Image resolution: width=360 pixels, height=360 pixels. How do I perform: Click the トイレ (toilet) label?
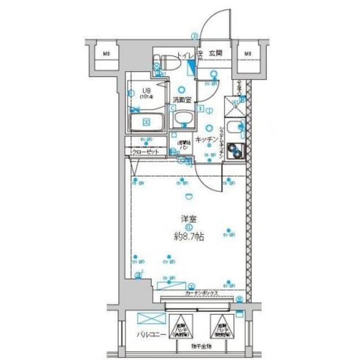coord(184,55)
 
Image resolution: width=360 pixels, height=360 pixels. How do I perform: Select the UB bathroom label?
coord(146,92)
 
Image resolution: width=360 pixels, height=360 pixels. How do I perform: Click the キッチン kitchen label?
coord(206,140)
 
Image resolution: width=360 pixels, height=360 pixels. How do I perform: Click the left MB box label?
coord(106,54)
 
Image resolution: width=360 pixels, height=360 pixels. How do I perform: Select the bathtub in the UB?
coord(146,121)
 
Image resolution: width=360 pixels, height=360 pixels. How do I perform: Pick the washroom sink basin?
coord(183,118)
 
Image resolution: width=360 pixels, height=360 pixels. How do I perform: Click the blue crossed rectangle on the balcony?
coord(148,318)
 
